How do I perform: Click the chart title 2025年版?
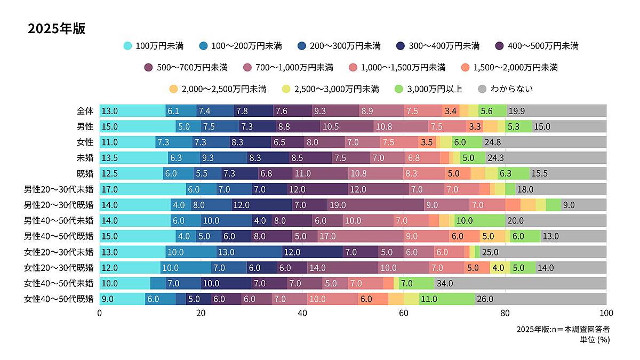click(57, 29)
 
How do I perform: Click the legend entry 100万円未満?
click(154, 46)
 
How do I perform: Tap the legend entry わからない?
click(506, 89)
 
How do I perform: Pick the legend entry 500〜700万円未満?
click(186, 67)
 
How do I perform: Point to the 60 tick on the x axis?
click(404, 313)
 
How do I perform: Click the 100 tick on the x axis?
click(606, 313)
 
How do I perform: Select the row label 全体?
click(85, 111)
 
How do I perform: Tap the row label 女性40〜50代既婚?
click(59, 299)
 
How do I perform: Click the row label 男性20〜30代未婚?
click(59, 189)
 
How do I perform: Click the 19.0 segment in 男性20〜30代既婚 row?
click(375, 205)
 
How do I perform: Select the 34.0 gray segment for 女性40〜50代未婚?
click(520, 283)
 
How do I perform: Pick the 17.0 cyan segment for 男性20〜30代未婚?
click(142, 189)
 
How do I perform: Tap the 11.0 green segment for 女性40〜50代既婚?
click(446, 299)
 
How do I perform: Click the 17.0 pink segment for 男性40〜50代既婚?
click(361, 236)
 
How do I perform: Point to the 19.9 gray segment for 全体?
click(556, 111)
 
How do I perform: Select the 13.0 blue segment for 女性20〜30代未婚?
click(249, 252)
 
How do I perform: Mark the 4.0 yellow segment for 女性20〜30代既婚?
click(498, 268)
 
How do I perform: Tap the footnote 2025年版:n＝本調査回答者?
click(563, 329)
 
